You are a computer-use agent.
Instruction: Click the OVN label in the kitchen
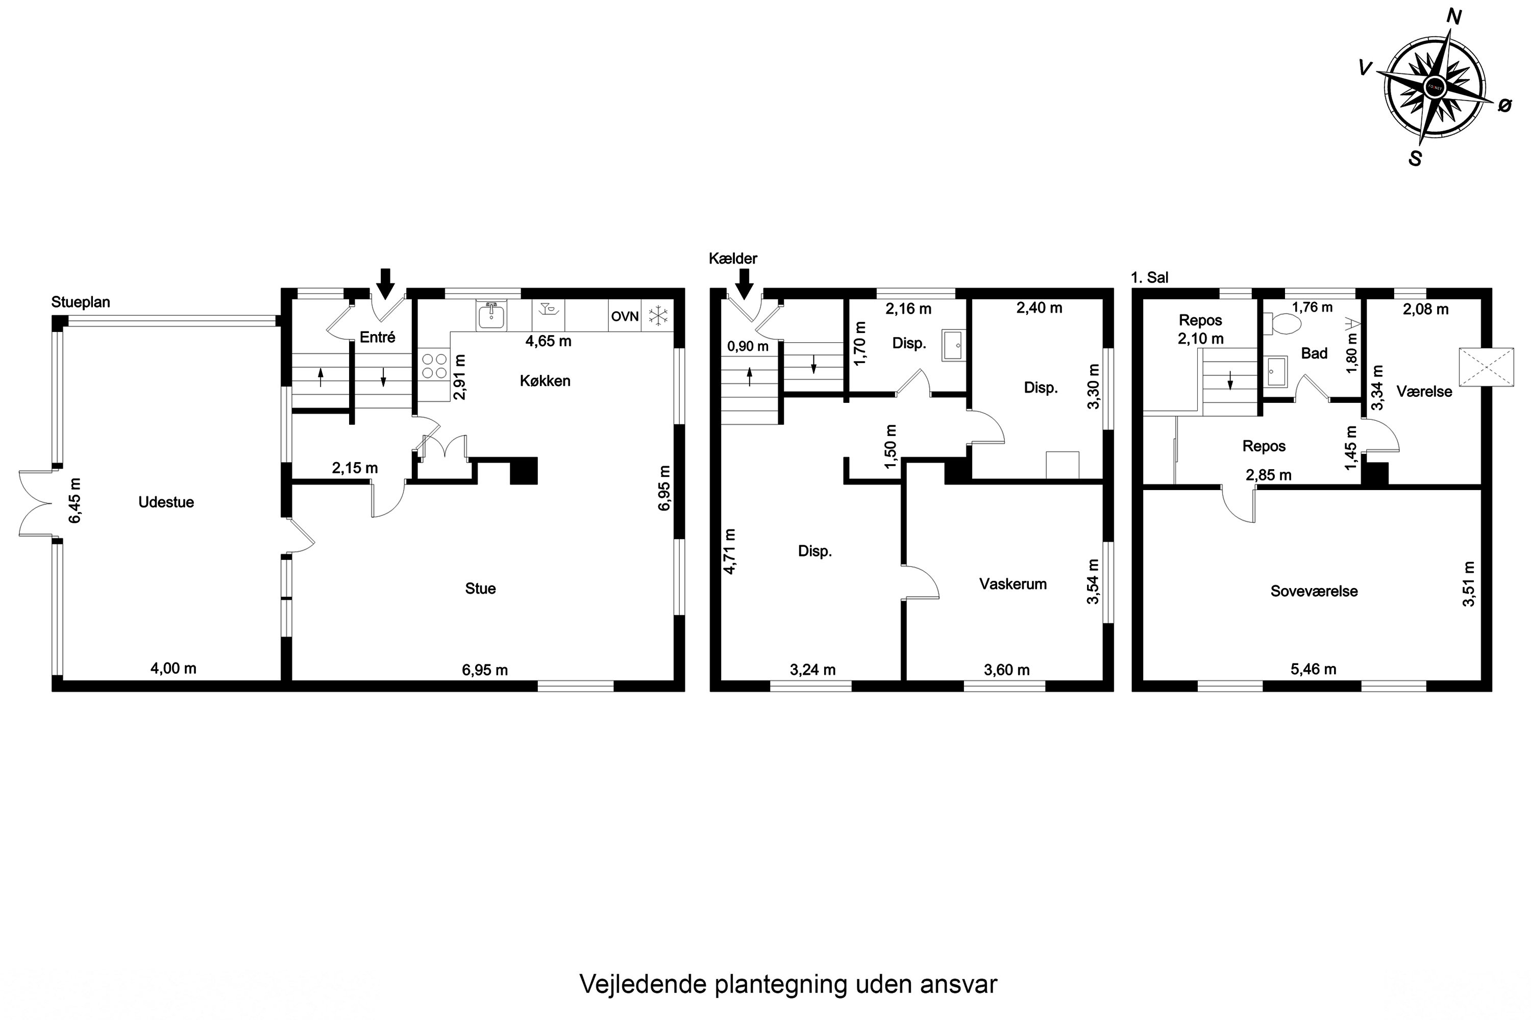click(624, 317)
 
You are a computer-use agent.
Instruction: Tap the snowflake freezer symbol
click(659, 317)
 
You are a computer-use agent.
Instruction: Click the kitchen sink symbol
click(491, 316)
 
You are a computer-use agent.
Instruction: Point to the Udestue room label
click(166, 502)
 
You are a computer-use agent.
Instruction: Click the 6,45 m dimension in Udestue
click(76, 500)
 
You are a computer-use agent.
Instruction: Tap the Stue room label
click(480, 589)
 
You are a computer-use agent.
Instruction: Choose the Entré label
click(378, 337)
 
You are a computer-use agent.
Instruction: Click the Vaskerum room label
click(1013, 584)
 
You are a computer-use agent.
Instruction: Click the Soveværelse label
click(1314, 591)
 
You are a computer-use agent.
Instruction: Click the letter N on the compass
click(1453, 17)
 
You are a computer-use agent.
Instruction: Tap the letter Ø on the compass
click(1504, 106)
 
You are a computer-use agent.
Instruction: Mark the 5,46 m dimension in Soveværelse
click(1313, 669)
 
